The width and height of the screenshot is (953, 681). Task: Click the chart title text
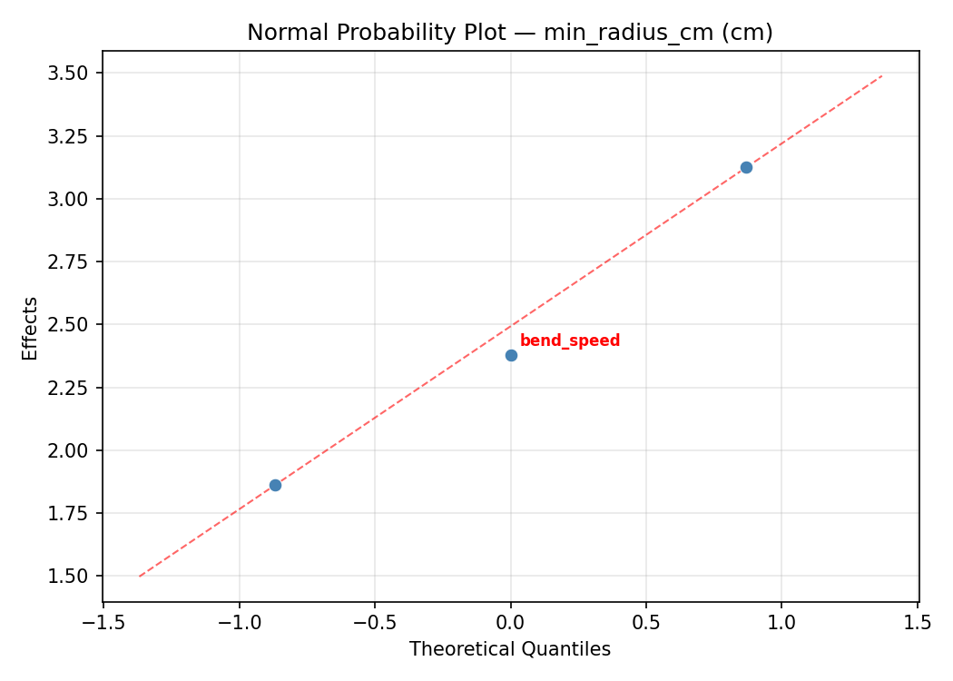(510, 33)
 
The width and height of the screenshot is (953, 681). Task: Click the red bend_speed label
(570, 341)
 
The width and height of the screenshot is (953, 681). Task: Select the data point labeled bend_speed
(511, 355)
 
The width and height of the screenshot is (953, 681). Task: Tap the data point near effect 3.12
(746, 167)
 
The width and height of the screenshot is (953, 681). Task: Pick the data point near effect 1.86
(275, 485)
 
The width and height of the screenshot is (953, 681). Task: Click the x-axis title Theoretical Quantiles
(510, 649)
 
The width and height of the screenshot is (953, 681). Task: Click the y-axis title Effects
(31, 329)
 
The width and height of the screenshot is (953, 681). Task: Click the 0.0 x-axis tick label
(511, 622)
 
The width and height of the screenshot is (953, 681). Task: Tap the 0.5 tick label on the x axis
(646, 622)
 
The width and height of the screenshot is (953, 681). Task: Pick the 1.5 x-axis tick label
(918, 622)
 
